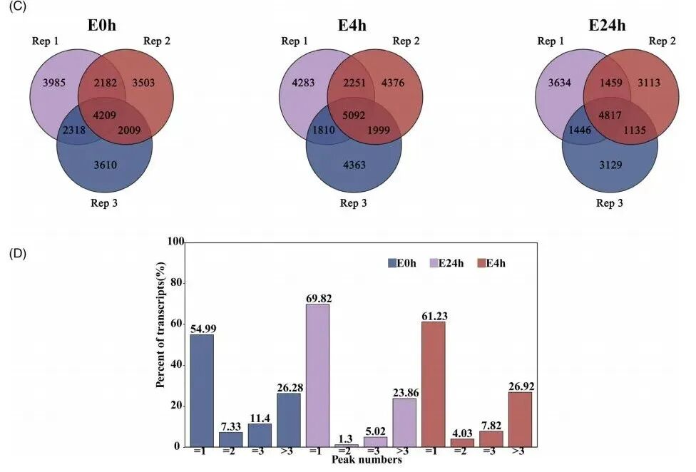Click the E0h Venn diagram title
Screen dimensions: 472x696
101,26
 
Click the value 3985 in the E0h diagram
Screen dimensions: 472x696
54,83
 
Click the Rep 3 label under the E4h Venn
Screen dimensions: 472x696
354,203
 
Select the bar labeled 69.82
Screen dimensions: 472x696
317,376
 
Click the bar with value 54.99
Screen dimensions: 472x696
202,391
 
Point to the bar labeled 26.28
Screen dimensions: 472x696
288,420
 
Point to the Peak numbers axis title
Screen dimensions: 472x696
366,461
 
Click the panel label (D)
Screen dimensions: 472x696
16,253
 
